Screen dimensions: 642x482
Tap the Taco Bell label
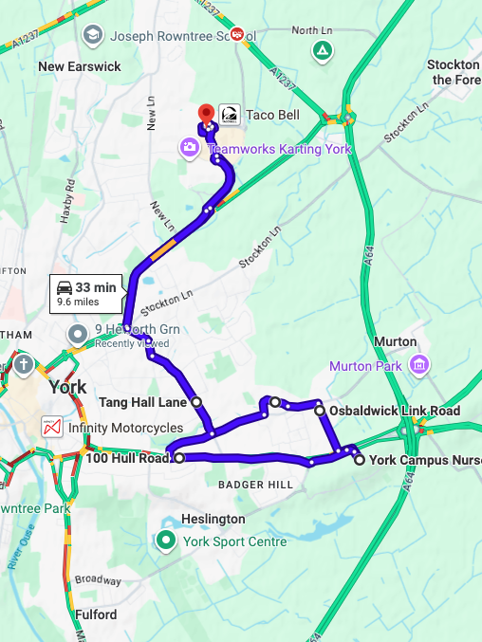pos(273,115)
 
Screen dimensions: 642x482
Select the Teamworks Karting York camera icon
pos(190,147)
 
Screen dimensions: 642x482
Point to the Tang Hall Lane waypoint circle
pos(196,402)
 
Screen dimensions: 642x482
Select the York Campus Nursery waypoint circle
pos(360,459)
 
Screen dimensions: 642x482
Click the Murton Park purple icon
pos(418,365)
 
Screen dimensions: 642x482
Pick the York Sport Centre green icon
pos(167,541)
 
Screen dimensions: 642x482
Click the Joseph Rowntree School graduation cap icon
pos(92,36)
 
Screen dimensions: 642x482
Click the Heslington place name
pos(213,520)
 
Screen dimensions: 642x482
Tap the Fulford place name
pos(95,614)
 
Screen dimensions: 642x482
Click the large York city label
pos(67,387)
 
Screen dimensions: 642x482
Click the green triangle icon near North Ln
pos(324,50)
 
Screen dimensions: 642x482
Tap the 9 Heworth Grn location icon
pos(77,335)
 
